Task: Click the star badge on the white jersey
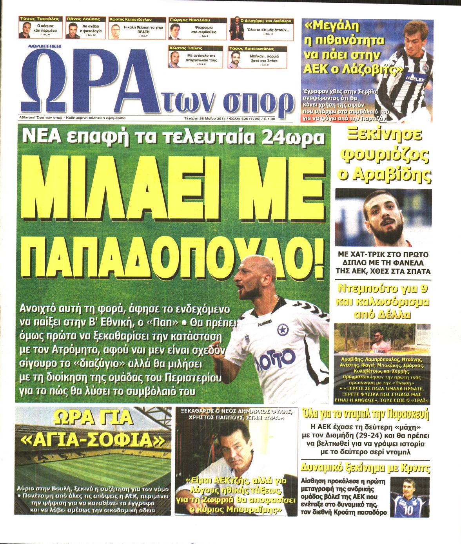(282, 330)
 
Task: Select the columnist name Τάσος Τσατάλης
(40, 19)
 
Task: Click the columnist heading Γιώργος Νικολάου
(185, 20)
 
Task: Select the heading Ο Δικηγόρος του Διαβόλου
(265, 20)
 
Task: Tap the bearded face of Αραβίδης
(382, 219)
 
